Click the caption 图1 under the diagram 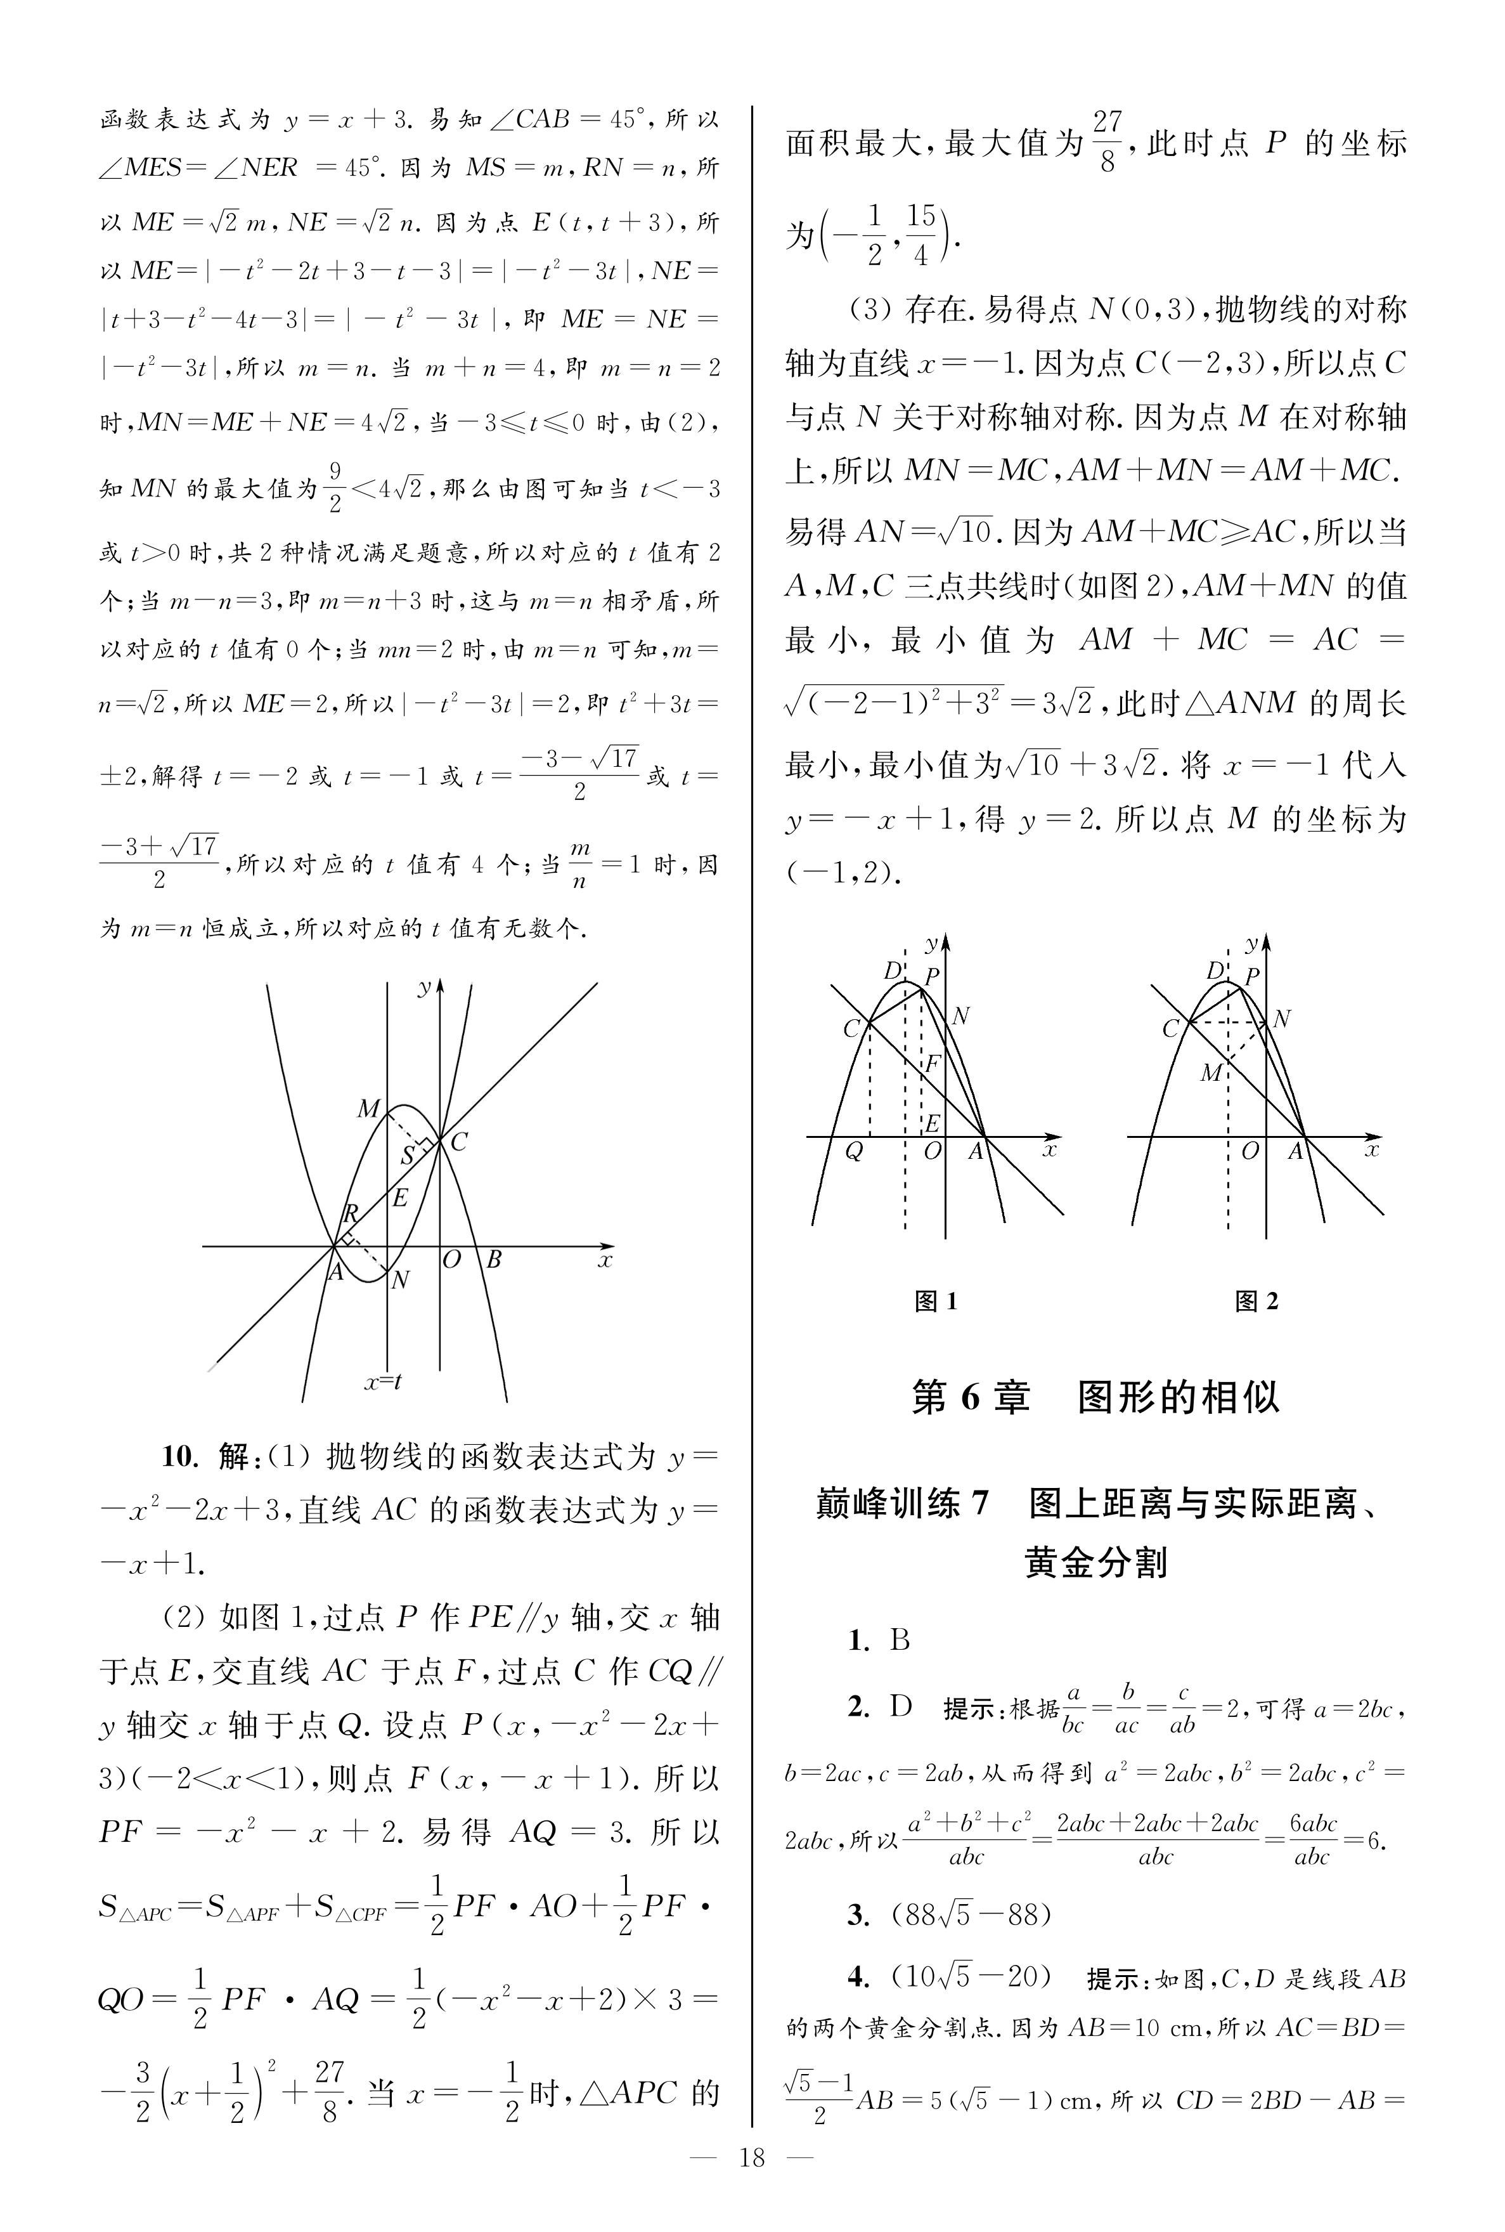pos(936,1302)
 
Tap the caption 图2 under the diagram pos(1256,1302)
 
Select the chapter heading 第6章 pos(971,1398)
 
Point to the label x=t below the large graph pos(382,1383)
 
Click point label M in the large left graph pos(368,1110)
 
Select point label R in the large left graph pos(351,1215)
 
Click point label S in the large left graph pos(408,1156)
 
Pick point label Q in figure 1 pos(853,1152)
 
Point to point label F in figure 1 pos(931,1064)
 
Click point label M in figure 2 pos(1211,1073)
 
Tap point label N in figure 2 pos(1281,1019)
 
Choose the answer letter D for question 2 pos(900,1706)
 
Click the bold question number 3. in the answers pos(858,1914)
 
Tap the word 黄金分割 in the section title pos(1096,1563)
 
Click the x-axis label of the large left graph pos(605,1260)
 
